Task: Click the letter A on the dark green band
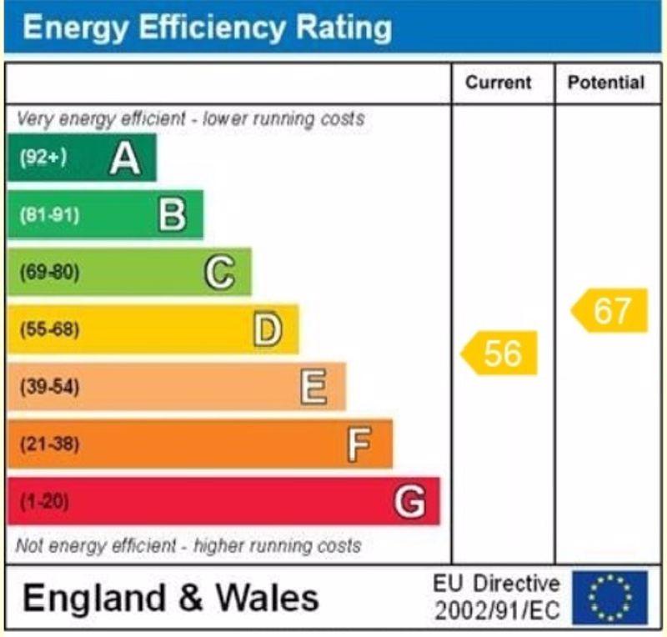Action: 125,158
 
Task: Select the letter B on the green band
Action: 172,215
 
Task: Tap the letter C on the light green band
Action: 219,273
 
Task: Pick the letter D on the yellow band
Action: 267,330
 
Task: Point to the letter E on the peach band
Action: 313,387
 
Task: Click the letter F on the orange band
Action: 359,444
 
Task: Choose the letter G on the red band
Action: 409,502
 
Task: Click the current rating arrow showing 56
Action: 500,353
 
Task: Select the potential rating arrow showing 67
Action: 610,311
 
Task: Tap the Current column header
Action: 498,83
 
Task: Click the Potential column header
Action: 606,83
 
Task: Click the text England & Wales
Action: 171,598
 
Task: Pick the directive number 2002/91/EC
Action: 497,611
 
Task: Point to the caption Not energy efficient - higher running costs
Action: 188,547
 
